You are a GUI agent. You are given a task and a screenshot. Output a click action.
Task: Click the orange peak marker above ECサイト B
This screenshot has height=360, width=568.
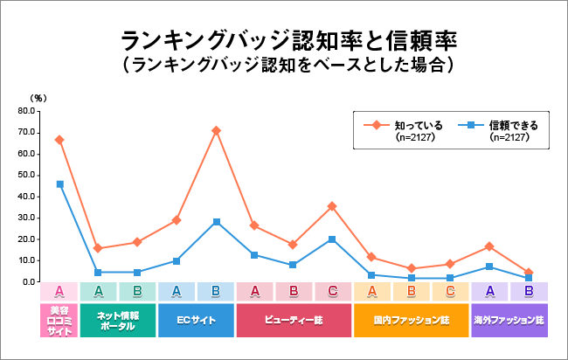[216, 131]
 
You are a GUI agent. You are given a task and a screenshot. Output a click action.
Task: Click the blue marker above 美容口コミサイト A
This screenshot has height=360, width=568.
[59, 184]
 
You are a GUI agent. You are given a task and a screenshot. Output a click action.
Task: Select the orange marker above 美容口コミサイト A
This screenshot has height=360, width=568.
[59, 140]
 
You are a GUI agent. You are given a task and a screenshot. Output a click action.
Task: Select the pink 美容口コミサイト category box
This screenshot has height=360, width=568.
[59, 320]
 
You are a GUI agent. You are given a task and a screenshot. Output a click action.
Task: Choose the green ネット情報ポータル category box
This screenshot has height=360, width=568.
[118, 320]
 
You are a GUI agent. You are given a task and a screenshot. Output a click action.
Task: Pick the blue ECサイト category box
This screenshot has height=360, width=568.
[196, 320]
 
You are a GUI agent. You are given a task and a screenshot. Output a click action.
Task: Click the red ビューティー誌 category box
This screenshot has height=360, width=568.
[294, 320]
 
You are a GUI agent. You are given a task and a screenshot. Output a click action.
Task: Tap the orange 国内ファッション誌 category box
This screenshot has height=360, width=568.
[411, 320]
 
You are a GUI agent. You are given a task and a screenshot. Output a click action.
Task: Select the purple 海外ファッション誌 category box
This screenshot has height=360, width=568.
[509, 320]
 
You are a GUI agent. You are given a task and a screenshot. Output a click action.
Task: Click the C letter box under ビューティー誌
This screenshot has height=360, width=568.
[333, 292]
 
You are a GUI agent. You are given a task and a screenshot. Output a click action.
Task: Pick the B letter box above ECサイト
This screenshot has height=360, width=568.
[216, 292]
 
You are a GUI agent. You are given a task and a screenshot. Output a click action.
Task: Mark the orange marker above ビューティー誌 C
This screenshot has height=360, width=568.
[333, 206]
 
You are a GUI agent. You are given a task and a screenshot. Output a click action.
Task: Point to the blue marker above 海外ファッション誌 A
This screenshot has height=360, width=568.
[489, 267]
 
